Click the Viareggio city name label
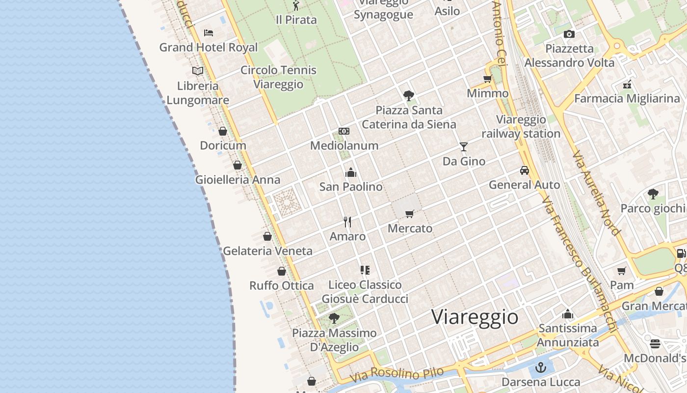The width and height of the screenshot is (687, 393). point(475,317)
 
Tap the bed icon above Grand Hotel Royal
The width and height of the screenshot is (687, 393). point(209,33)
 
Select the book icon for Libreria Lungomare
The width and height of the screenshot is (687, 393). point(198,71)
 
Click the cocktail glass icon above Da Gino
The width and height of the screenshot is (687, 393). point(463,146)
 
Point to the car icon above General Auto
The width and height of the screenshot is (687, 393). point(525,170)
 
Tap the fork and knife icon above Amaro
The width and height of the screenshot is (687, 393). point(347,222)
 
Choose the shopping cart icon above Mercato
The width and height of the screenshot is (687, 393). point(410,214)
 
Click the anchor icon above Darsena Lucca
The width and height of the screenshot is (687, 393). point(540,367)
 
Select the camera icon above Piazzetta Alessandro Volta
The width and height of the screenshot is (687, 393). point(569,34)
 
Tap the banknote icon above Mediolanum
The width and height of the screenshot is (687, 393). point(344,131)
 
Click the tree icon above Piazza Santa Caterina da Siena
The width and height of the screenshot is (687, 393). point(408,95)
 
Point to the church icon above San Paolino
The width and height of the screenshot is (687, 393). point(351,172)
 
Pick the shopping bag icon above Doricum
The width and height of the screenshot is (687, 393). point(223,131)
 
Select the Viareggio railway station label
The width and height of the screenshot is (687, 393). point(521,126)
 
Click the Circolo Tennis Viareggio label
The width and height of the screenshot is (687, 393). point(278,77)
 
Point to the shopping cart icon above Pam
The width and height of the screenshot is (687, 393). point(622,271)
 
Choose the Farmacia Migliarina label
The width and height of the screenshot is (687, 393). point(627,98)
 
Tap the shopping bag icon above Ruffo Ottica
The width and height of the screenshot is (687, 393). point(282,271)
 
